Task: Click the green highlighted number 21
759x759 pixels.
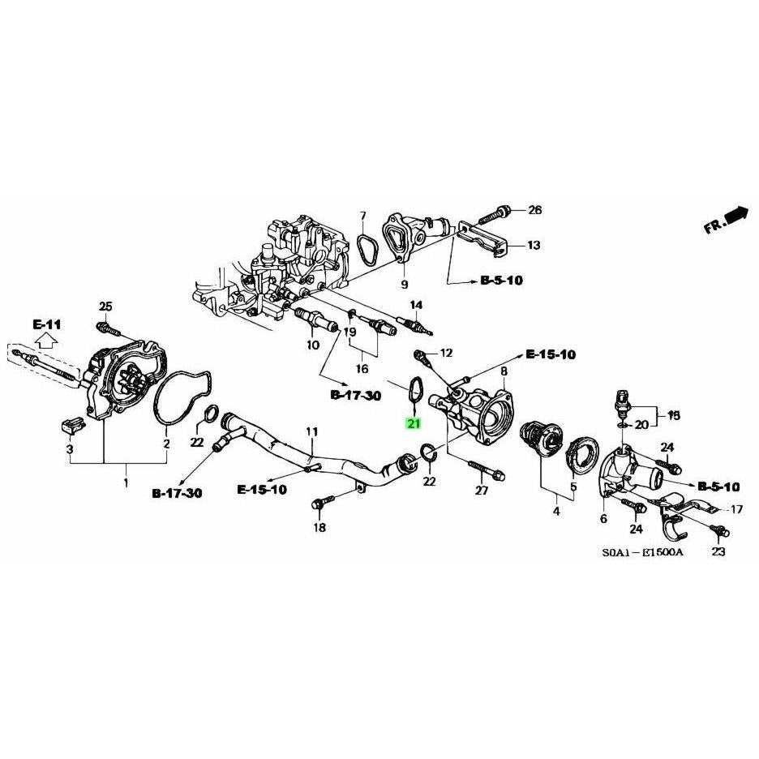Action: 414,423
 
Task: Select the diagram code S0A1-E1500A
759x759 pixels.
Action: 641,552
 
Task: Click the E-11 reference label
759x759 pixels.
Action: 47,324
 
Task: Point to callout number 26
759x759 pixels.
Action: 534,211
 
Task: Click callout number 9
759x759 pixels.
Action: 404,284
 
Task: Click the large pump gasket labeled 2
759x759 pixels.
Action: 183,397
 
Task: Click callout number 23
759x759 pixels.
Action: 718,552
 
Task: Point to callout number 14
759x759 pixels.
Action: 416,305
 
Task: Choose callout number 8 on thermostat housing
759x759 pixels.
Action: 504,371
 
